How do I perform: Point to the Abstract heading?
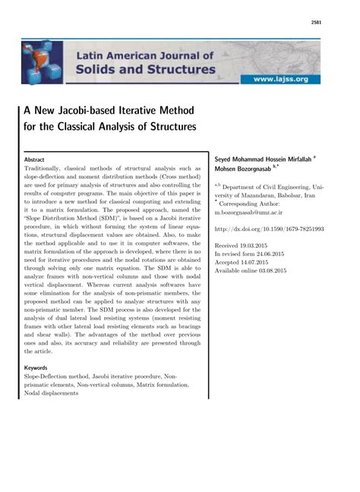point(34,159)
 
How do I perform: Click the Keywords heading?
point(36,367)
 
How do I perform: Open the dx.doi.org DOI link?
point(269,229)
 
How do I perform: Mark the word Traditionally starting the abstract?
point(47,168)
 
